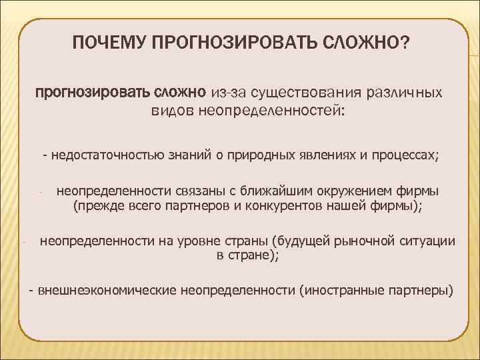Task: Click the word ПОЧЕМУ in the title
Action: point(111,43)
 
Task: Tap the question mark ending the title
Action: point(405,43)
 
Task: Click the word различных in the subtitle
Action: point(403,91)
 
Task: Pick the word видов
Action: point(172,109)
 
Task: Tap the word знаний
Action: point(190,156)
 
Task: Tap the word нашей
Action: point(347,206)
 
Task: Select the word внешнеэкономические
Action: point(107,291)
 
